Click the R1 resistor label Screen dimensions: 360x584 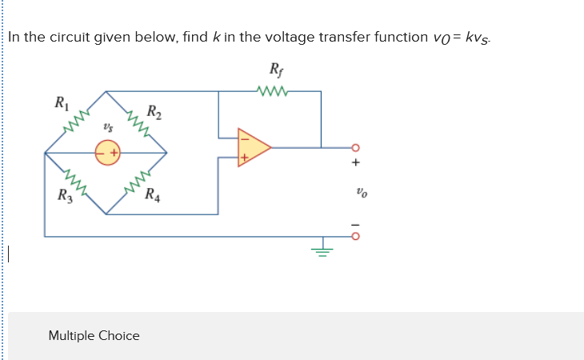[60, 103]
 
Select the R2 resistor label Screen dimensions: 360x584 [155, 111]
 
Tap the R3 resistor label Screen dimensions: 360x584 [63, 194]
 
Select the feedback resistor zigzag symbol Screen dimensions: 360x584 [272, 90]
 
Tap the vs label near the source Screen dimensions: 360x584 [106, 128]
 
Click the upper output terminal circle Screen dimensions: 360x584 [357, 148]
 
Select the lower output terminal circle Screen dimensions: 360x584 [357, 237]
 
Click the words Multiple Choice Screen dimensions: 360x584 [94, 335]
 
